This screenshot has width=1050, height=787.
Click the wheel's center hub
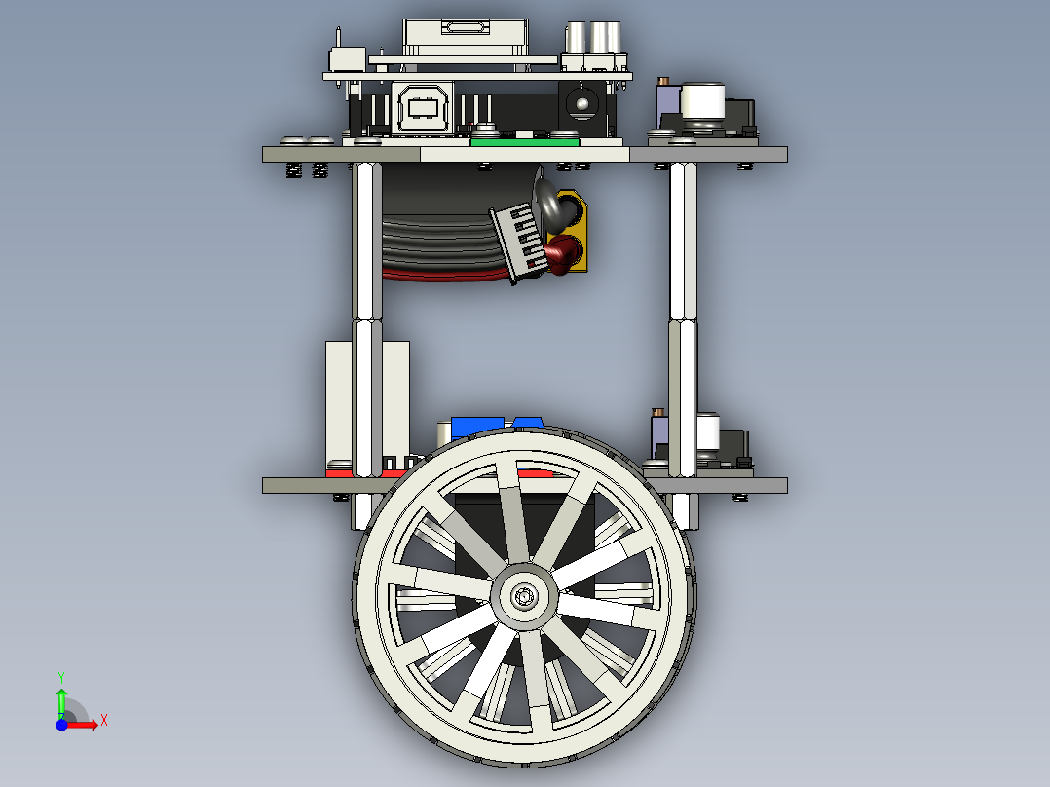pos(525,594)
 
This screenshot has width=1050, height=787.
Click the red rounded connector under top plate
pos(562,255)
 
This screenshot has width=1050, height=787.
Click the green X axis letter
pos(104,720)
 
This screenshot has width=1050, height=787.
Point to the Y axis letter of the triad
pos(61,675)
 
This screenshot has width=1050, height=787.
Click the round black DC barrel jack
pos(582,102)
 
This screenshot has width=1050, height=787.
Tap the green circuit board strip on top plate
pos(524,141)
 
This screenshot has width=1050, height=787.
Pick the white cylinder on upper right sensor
pos(703,103)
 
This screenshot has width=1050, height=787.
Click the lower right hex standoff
pos(682,399)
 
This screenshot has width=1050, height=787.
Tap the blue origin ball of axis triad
pos(61,725)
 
